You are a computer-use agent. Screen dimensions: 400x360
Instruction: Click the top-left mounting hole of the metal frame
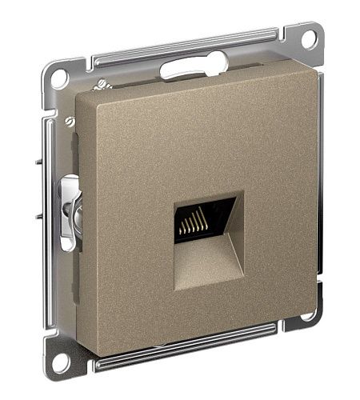tap(58, 79)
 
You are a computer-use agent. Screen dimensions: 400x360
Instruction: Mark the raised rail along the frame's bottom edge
tap(192, 361)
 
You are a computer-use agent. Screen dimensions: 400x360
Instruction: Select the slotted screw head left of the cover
tap(70, 121)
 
